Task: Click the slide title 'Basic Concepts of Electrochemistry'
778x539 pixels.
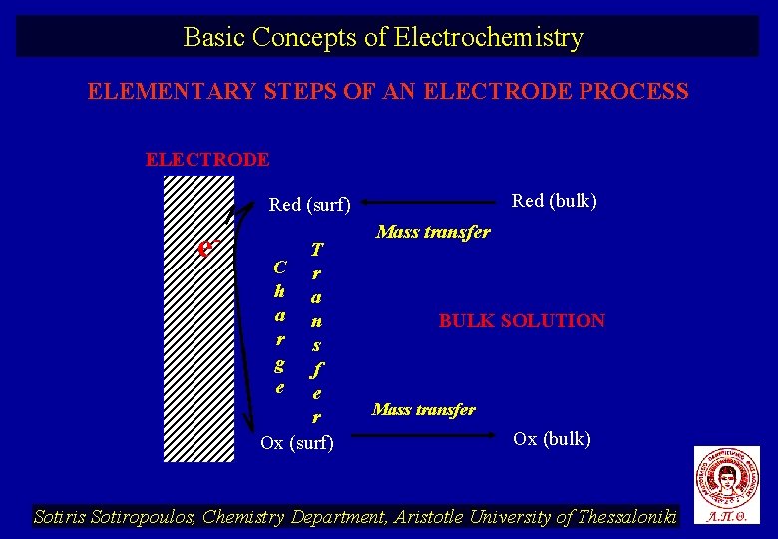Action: [x=383, y=38]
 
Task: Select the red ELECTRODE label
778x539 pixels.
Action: [x=207, y=159]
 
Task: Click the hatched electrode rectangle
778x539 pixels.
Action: [x=198, y=318]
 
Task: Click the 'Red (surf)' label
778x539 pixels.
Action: [x=310, y=205]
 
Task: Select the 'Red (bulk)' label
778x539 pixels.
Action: [x=554, y=201]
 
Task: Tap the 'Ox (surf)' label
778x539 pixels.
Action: [x=297, y=442]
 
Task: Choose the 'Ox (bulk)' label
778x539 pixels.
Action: [x=552, y=439]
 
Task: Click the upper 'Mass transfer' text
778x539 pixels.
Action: [x=433, y=232]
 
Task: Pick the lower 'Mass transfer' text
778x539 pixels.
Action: [x=423, y=409]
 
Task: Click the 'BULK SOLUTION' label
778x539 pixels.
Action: [x=522, y=321]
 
